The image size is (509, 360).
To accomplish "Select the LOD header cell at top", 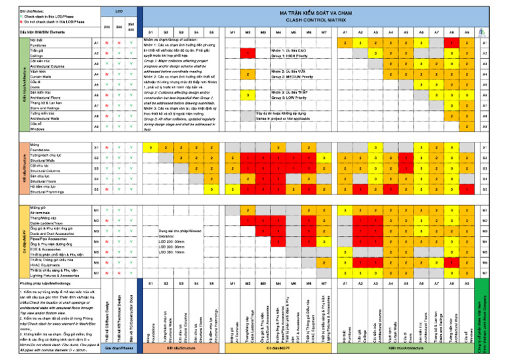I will point(119,11).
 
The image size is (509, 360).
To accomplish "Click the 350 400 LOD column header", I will point(131,28).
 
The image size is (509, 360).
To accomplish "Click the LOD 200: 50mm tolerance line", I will point(175,241).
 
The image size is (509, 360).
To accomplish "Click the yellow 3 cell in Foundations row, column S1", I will point(151,147).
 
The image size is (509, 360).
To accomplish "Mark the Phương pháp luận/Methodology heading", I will point(43,283).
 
